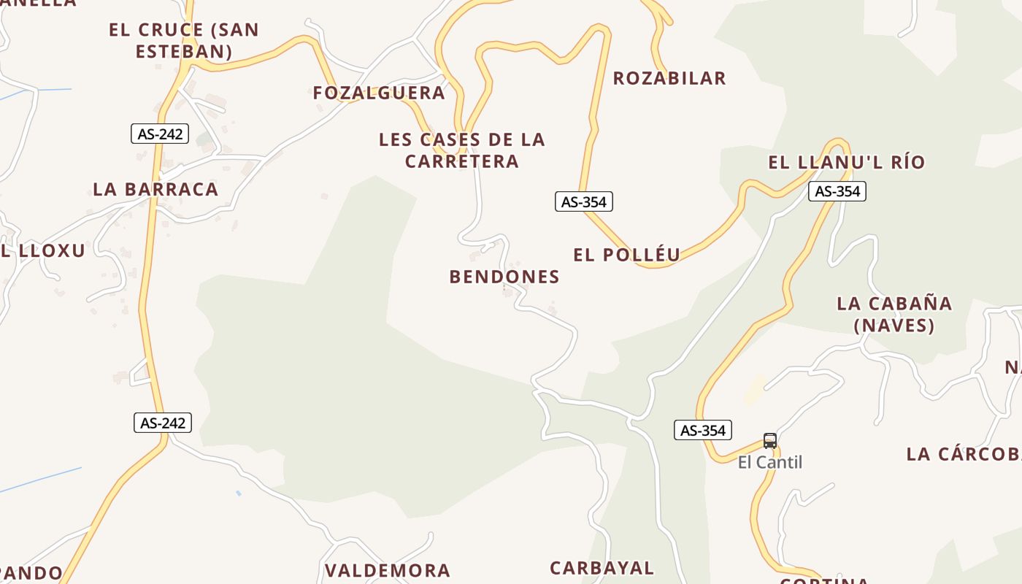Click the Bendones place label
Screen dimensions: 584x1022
tap(504, 277)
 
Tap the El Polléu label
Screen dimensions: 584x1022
tap(627, 255)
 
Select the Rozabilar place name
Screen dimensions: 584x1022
tap(669, 78)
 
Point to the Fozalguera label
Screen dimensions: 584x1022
tap(379, 93)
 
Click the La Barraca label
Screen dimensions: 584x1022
tap(155, 189)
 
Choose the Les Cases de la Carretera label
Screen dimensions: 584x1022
tap(462, 150)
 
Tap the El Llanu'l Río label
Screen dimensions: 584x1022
tap(847, 162)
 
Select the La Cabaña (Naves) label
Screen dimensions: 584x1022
tap(894, 314)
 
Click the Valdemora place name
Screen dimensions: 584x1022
tap(388, 570)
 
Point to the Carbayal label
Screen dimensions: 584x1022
tap(602, 567)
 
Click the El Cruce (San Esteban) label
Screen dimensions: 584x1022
tap(184, 40)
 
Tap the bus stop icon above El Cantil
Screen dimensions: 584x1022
tap(770, 440)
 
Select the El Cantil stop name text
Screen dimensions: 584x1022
tap(770, 462)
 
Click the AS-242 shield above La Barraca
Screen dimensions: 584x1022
tap(160, 134)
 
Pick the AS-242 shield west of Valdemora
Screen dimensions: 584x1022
tap(163, 423)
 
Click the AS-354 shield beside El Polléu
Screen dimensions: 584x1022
tap(584, 201)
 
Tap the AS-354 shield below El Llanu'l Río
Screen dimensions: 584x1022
tap(837, 191)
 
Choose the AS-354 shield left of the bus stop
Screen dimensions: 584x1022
tap(703, 430)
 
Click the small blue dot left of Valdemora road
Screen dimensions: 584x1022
tap(239, 493)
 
